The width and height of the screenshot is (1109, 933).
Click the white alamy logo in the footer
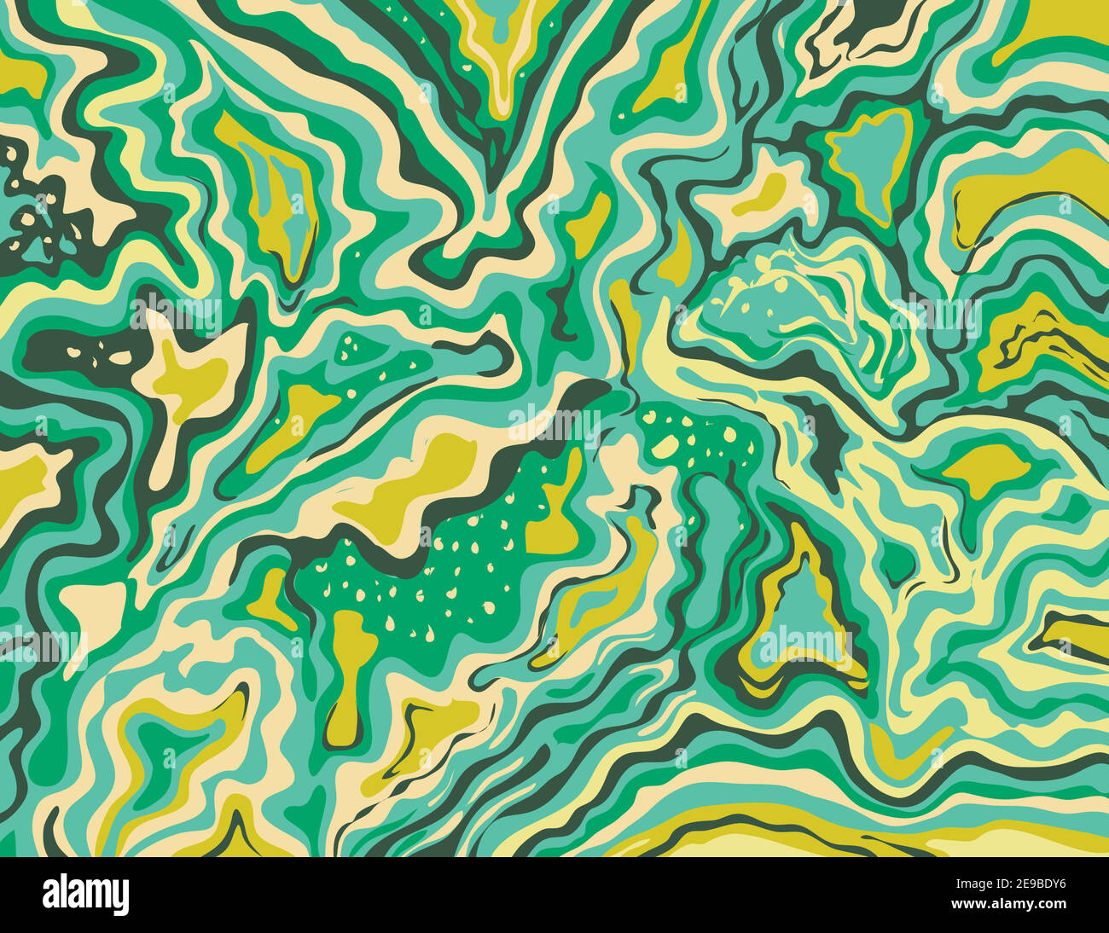(x=85, y=895)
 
